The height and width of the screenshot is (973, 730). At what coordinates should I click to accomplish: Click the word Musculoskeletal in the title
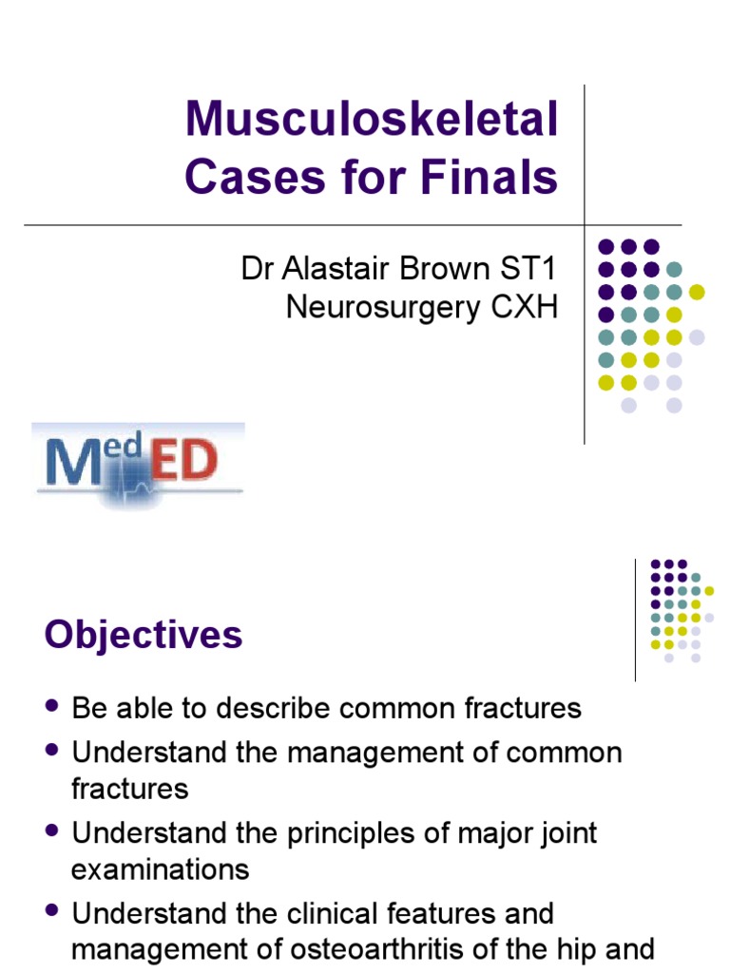372,121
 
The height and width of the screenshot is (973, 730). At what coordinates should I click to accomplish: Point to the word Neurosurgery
381,309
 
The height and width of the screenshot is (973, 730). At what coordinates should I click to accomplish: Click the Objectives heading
144,635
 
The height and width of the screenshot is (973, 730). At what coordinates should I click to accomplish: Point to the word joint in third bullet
567,833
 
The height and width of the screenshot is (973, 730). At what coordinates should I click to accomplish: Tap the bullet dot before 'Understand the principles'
52,832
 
